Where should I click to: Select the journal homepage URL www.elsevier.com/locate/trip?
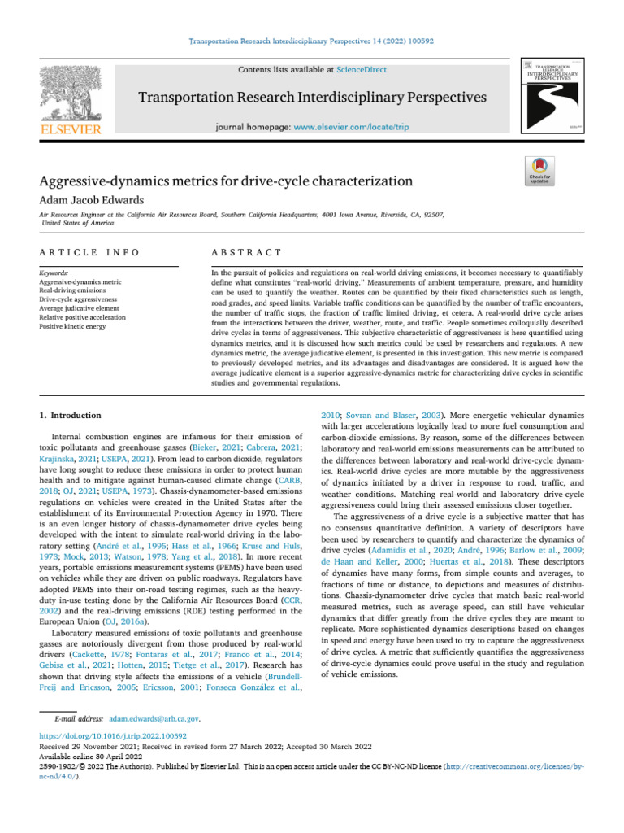point(351,128)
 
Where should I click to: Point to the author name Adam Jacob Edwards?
point(93,200)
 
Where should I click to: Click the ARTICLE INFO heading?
point(89,253)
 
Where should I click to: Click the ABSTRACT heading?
point(246,253)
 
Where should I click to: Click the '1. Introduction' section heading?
point(71,416)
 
